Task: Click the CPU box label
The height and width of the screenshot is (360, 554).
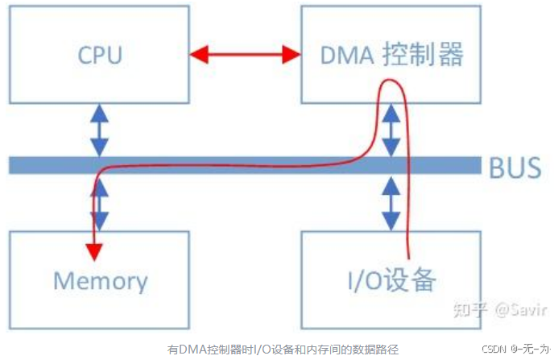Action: pyautogui.click(x=100, y=55)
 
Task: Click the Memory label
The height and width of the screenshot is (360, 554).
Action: pyautogui.click(x=100, y=280)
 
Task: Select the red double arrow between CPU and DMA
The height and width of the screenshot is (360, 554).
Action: pyautogui.click(x=245, y=55)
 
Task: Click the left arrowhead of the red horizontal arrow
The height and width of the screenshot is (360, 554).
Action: pyautogui.click(x=198, y=55)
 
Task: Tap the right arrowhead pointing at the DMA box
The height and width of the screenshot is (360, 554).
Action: pyautogui.click(x=291, y=55)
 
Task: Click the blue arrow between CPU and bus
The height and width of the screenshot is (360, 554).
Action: pyautogui.click(x=99, y=129)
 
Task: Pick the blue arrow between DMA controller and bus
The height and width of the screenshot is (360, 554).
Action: pyautogui.click(x=391, y=129)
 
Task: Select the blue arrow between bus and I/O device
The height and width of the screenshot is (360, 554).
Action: pyautogui.click(x=391, y=203)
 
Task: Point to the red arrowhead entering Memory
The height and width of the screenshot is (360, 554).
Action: pyautogui.click(x=95, y=251)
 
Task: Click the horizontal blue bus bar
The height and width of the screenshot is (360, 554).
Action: pyautogui.click(x=242, y=165)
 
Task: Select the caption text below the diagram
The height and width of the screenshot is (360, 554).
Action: pyautogui.click(x=283, y=349)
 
